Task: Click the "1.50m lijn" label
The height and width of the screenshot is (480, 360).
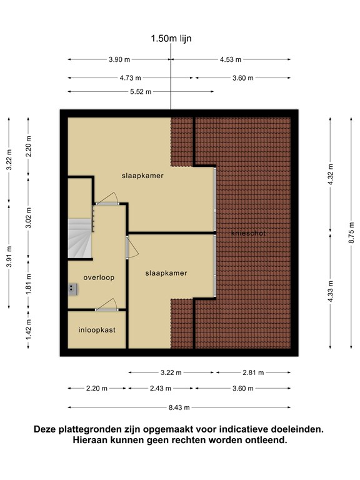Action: (171, 39)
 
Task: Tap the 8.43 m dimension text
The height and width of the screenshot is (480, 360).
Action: (179, 407)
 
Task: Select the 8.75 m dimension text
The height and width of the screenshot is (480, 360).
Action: (351, 233)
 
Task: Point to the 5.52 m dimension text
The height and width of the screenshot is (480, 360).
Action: (141, 91)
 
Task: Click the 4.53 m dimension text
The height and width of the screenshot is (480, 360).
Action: (231, 59)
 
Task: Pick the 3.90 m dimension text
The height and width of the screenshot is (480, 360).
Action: (119, 59)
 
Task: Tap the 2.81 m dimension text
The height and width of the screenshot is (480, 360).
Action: (253, 372)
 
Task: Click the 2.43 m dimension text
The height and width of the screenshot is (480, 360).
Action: (161, 389)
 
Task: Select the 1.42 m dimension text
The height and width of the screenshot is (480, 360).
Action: (29, 330)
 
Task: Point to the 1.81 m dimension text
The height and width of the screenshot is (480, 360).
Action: (29, 284)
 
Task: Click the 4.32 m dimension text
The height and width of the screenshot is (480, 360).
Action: (330, 174)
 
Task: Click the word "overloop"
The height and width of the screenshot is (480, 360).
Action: (99, 277)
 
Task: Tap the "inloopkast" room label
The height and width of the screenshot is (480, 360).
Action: (97, 330)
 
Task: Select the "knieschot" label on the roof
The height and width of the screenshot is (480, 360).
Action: (249, 233)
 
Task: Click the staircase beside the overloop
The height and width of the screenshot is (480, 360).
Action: (79, 239)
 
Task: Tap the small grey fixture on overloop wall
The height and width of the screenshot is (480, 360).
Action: (72, 289)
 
